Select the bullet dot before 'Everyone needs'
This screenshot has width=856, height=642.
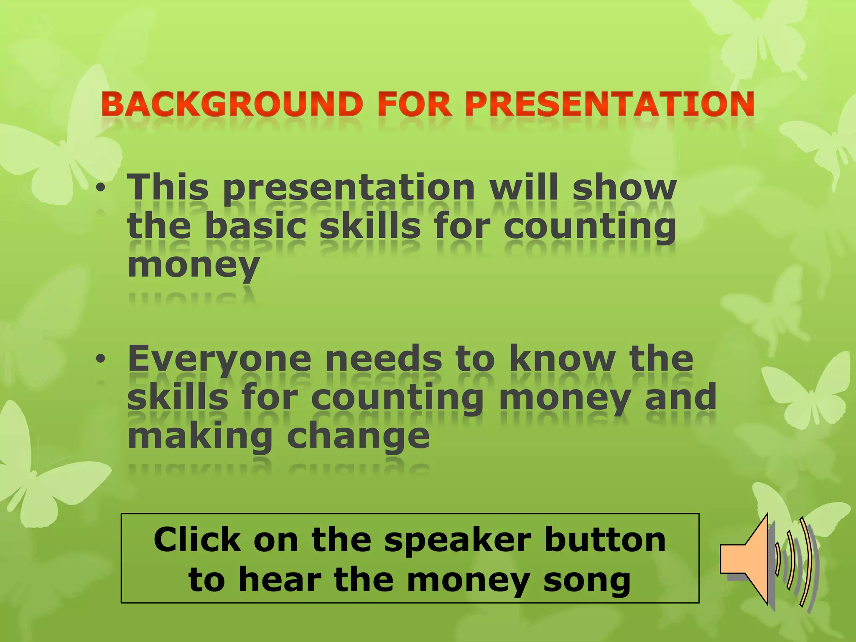tap(100, 359)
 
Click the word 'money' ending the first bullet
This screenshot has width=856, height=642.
tap(194, 265)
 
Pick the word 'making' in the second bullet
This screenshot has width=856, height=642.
tap(200, 437)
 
